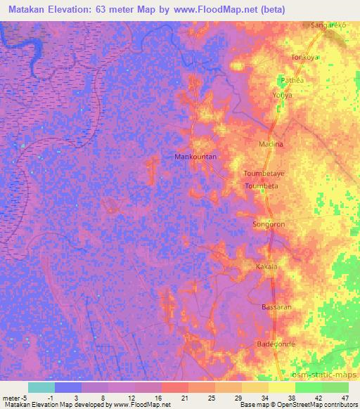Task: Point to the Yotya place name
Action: (282, 94)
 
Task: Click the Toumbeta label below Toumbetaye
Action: (260, 186)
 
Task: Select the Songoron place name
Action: (267, 225)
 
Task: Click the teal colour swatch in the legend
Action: (41, 387)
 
